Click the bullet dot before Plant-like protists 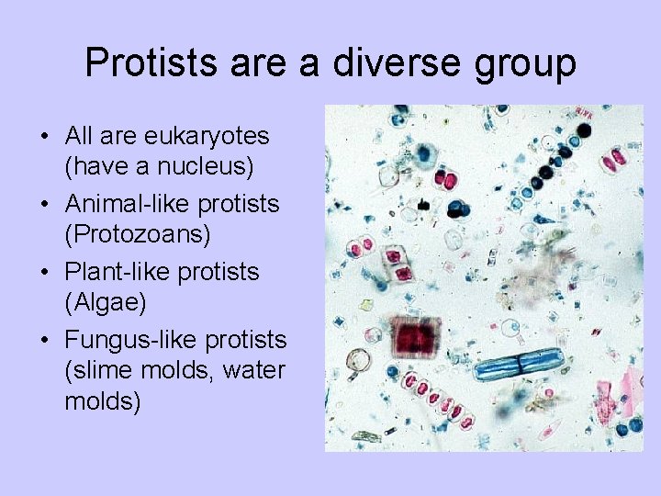point(44,273)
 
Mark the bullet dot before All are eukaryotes point(44,137)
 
